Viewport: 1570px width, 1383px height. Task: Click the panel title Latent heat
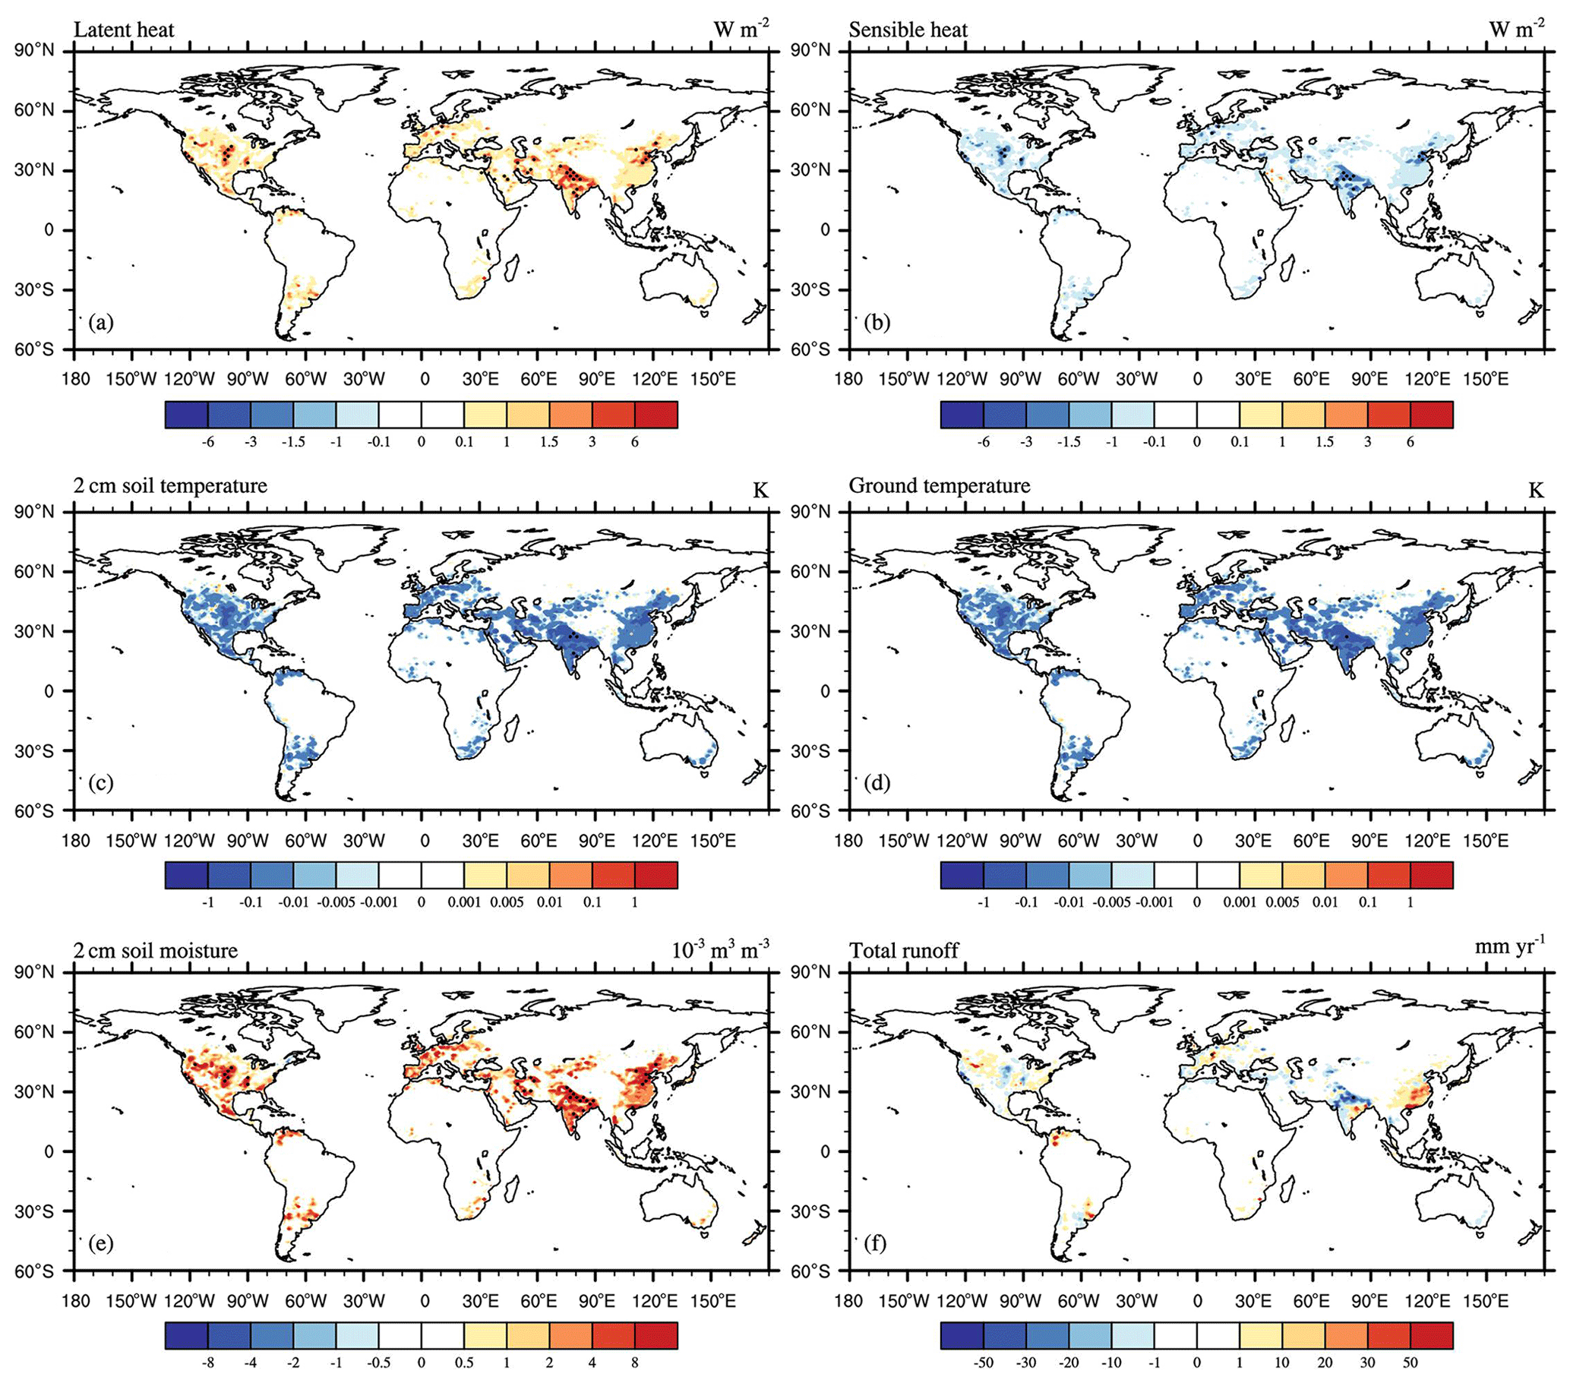click(x=124, y=30)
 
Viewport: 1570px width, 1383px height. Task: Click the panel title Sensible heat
click(x=908, y=30)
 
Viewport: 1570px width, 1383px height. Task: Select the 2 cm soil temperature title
click(x=170, y=485)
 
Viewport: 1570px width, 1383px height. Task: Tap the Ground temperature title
click(x=940, y=485)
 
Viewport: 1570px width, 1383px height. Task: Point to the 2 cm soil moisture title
click(x=156, y=951)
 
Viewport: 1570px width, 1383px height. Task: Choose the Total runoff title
click(x=904, y=951)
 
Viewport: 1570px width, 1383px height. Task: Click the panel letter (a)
click(x=100, y=323)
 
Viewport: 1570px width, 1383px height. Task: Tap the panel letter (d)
click(x=877, y=783)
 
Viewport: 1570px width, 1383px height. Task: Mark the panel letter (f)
click(x=875, y=1242)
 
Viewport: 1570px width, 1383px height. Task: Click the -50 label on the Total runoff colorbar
click(x=982, y=1362)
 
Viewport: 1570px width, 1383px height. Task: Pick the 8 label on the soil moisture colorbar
click(x=634, y=1362)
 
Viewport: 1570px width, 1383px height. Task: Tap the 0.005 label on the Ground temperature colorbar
click(x=1282, y=902)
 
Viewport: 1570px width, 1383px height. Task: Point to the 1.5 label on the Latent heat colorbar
click(x=549, y=442)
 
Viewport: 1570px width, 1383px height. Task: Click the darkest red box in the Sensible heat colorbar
click(x=1431, y=415)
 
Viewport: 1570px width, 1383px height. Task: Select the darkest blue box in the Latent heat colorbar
click(x=187, y=415)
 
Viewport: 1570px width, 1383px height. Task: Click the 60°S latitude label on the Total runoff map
click(x=812, y=1271)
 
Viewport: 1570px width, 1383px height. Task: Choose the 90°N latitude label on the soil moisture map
click(x=36, y=973)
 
